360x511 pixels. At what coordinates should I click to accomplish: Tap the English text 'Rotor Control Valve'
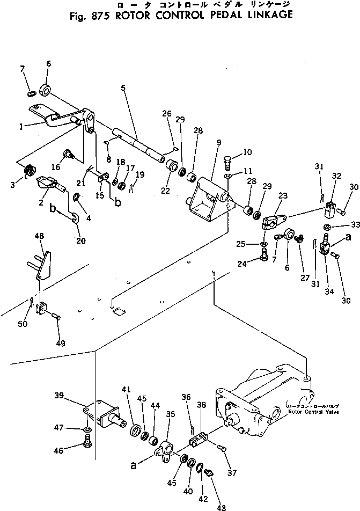click(314, 412)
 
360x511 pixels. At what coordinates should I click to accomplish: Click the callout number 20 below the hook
click(80, 240)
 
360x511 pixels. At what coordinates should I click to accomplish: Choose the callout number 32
click(336, 175)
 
